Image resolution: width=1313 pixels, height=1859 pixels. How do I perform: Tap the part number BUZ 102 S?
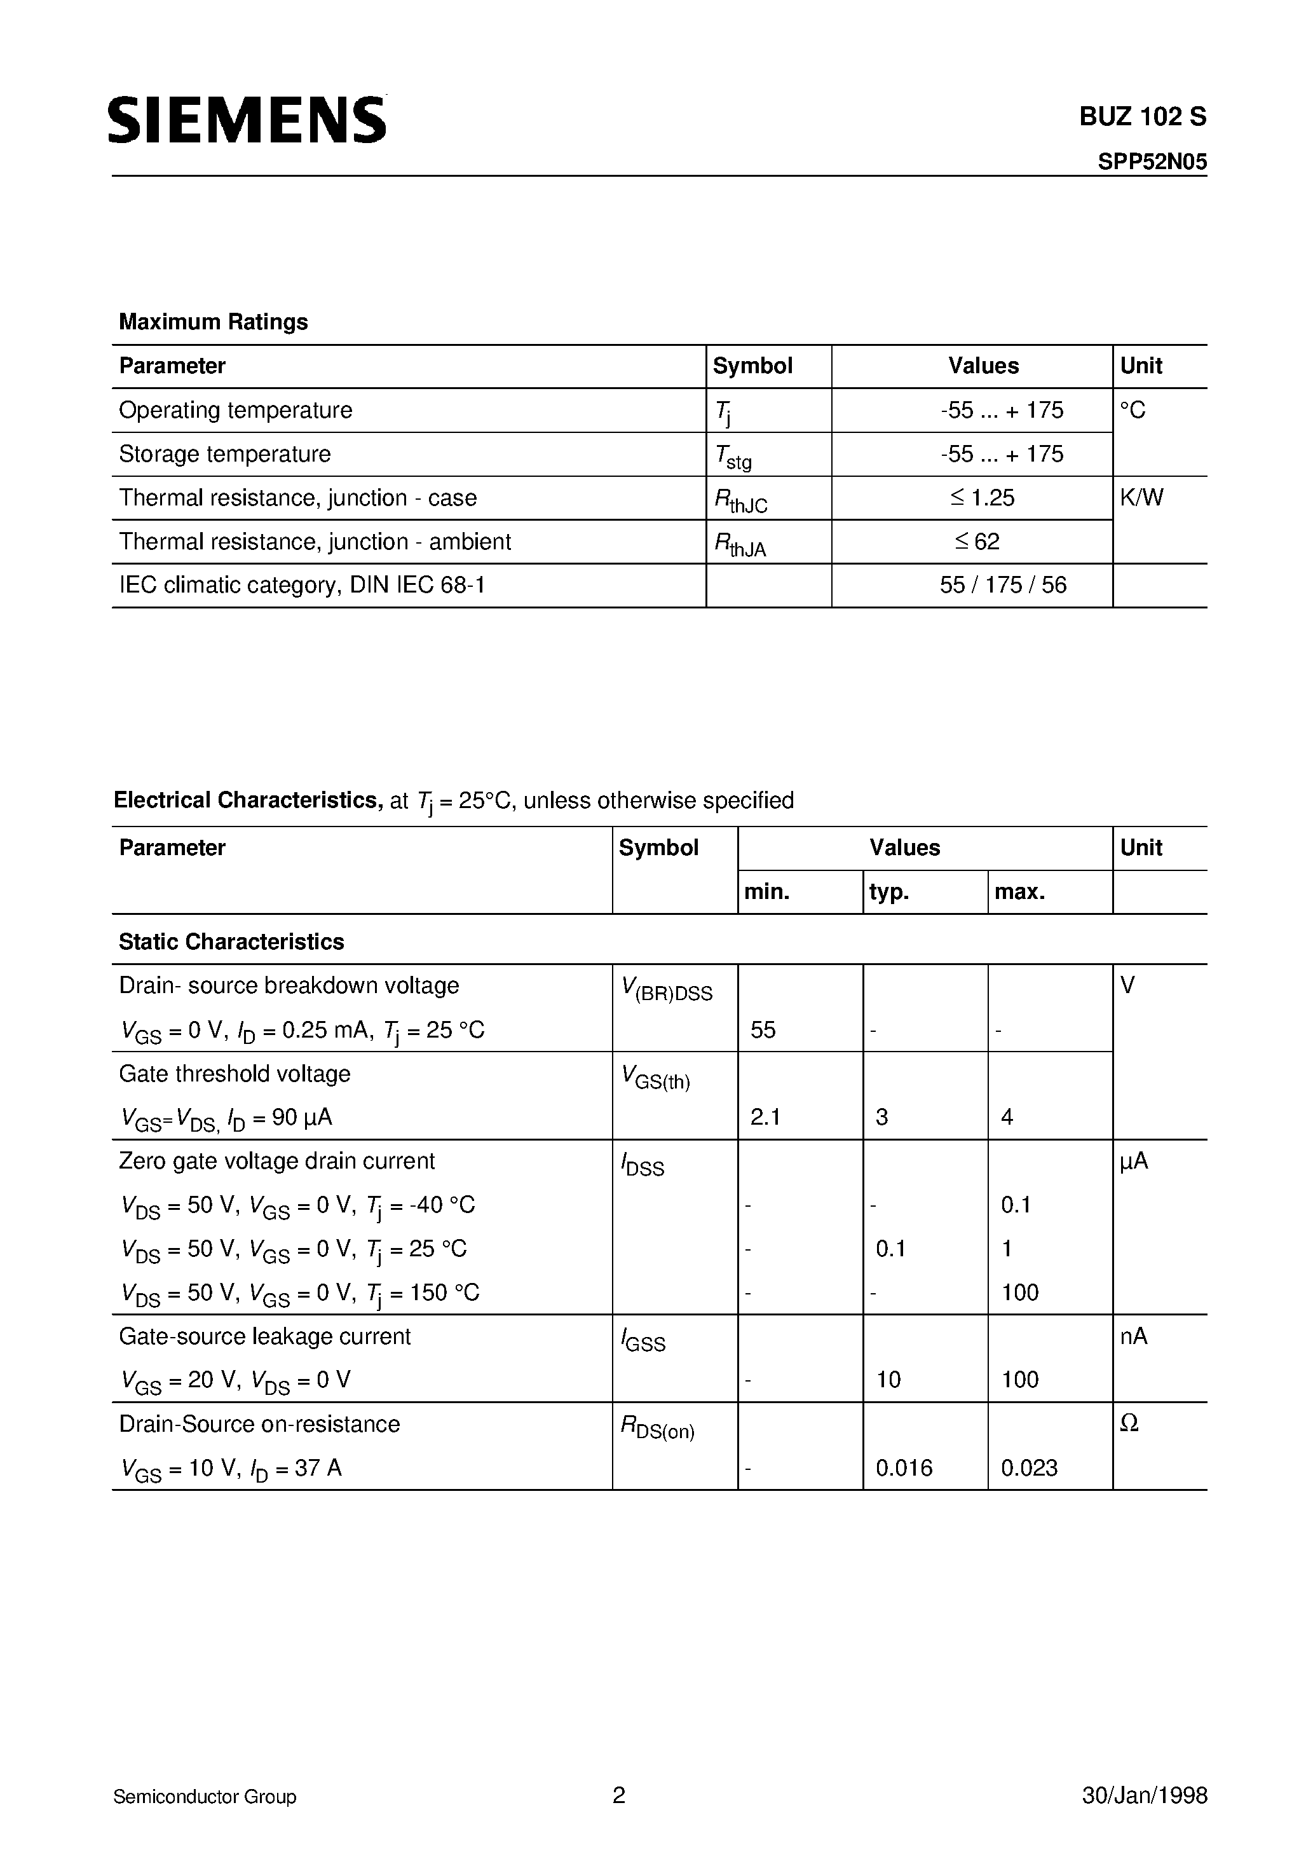pyautogui.click(x=1142, y=118)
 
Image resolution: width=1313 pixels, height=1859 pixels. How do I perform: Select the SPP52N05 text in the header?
pyautogui.click(x=1152, y=162)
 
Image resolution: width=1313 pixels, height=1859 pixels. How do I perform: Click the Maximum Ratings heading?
pyautogui.click(x=213, y=322)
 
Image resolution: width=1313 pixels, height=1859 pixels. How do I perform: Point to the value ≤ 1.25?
pyautogui.click(x=982, y=497)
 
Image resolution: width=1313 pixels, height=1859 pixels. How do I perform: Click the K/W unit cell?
pyautogui.click(x=1141, y=497)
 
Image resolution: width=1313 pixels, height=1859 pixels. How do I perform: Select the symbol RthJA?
pyautogui.click(x=740, y=544)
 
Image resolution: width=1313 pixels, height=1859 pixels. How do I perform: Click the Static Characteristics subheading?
pyautogui.click(x=231, y=941)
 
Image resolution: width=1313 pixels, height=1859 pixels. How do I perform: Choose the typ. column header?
pyautogui.click(x=889, y=891)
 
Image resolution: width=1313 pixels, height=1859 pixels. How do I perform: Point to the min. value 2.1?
pyautogui.click(x=765, y=1116)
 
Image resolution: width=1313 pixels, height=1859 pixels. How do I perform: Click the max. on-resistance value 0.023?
pyautogui.click(x=1029, y=1468)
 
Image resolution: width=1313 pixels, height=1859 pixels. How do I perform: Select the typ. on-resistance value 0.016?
pyautogui.click(x=904, y=1468)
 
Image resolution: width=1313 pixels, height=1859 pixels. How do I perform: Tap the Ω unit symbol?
pyautogui.click(x=1129, y=1423)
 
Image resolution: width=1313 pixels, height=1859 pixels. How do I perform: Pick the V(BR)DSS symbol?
pyautogui.click(x=666, y=989)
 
